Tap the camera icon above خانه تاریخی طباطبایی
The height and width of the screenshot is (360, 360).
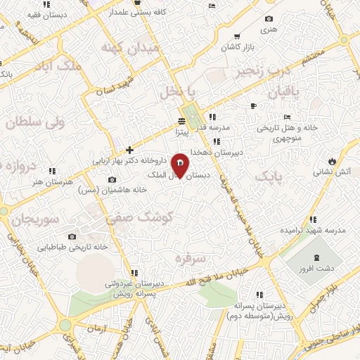point(72,237)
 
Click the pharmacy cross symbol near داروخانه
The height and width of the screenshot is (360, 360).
point(129,150)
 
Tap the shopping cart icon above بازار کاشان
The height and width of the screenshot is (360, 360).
point(238,36)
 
